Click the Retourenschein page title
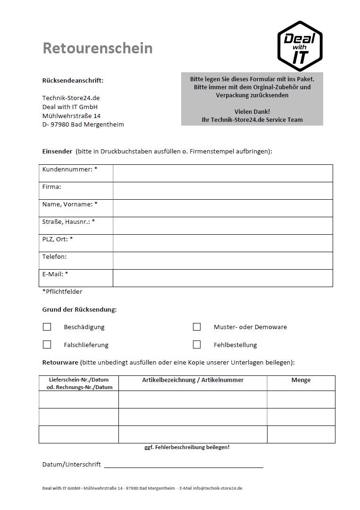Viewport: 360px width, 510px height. point(98,48)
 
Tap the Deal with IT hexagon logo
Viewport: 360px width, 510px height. point(300,46)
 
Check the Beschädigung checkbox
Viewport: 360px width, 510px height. point(47,327)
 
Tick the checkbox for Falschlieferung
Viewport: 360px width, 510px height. point(47,345)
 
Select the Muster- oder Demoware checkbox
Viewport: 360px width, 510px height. point(197,327)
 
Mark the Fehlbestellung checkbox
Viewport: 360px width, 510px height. point(197,345)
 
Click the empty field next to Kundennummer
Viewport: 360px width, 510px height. point(223,173)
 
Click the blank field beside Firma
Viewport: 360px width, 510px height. point(223,191)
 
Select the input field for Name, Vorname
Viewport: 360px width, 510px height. point(223,208)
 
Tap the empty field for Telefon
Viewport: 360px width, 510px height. point(223,261)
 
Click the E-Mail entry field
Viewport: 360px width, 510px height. point(223,278)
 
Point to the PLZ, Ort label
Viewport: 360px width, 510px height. point(58,239)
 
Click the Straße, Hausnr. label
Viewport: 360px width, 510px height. point(68,221)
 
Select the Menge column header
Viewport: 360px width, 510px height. point(301,380)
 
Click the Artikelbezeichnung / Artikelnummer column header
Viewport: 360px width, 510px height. point(193,380)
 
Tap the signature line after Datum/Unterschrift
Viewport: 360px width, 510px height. point(184,466)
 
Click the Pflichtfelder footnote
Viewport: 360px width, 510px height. point(62,292)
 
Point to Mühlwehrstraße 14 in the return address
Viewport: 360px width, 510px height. point(71,116)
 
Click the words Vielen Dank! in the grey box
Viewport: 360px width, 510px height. point(252,111)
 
